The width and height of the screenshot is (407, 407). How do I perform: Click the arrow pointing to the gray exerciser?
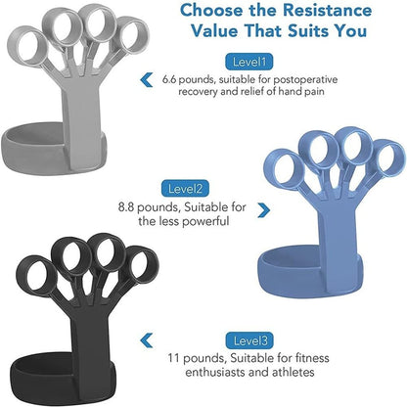coord(148,78)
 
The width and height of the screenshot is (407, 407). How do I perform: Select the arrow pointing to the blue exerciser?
coord(262,209)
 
